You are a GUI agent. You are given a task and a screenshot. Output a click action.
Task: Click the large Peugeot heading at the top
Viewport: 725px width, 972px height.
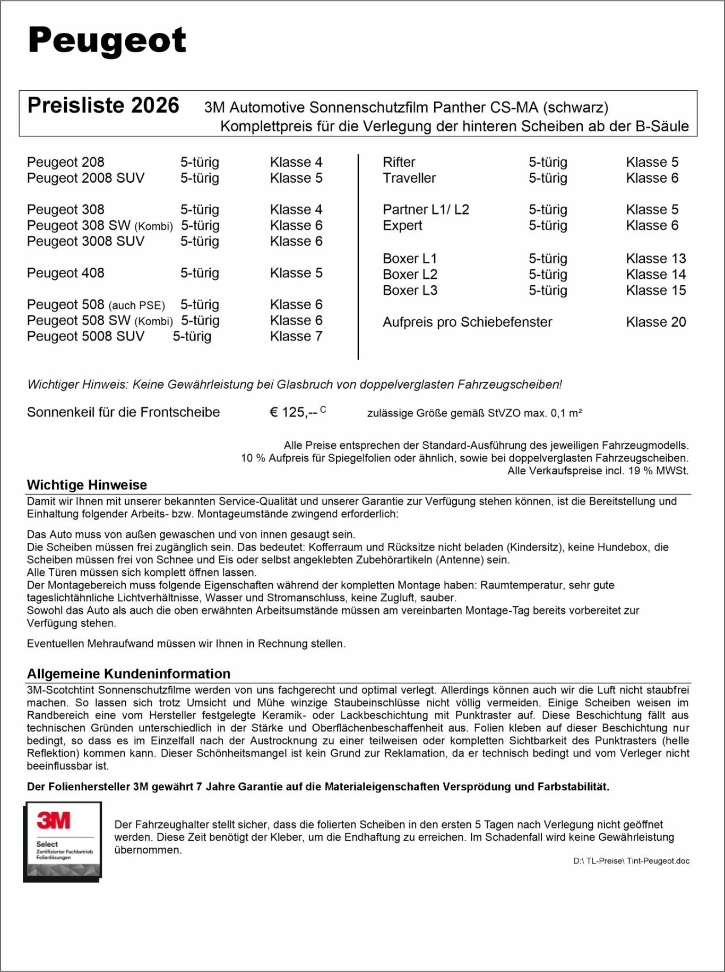pos(107,40)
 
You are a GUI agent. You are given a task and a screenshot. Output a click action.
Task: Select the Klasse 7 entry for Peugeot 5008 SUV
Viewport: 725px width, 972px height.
pos(296,336)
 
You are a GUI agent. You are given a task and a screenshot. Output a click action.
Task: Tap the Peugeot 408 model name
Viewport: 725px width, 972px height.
pos(66,273)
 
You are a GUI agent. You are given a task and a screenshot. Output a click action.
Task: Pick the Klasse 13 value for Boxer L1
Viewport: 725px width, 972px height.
pos(655,259)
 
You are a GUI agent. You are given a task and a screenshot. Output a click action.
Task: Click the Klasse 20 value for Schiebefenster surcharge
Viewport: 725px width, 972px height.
pos(655,322)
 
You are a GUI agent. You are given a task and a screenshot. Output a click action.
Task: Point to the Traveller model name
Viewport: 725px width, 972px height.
pos(409,178)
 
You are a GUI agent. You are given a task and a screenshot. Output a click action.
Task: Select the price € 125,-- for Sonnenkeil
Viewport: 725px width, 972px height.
pos(294,412)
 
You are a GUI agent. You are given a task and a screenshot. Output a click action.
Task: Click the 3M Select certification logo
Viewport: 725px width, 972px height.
pos(62,841)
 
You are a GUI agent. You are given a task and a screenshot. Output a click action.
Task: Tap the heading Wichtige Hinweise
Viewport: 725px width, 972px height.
pos(87,485)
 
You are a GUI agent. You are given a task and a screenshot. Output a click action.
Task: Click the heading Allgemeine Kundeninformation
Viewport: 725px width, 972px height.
pos(128,674)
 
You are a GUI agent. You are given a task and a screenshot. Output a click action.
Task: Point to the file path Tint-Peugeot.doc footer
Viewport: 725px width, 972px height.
pos(631,861)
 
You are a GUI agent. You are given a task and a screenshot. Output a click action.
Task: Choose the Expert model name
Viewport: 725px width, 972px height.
pos(402,226)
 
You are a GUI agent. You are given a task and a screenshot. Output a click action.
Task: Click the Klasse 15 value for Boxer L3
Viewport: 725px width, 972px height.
pos(655,291)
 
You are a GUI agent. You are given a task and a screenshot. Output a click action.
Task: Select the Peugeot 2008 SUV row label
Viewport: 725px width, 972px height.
pos(85,178)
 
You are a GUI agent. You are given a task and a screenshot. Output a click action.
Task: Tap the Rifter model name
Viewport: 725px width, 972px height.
pos(399,162)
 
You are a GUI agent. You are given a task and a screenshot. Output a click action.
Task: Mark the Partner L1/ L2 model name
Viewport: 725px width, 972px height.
pos(426,210)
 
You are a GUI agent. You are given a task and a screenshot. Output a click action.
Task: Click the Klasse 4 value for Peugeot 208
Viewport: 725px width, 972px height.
pos(296,162)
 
